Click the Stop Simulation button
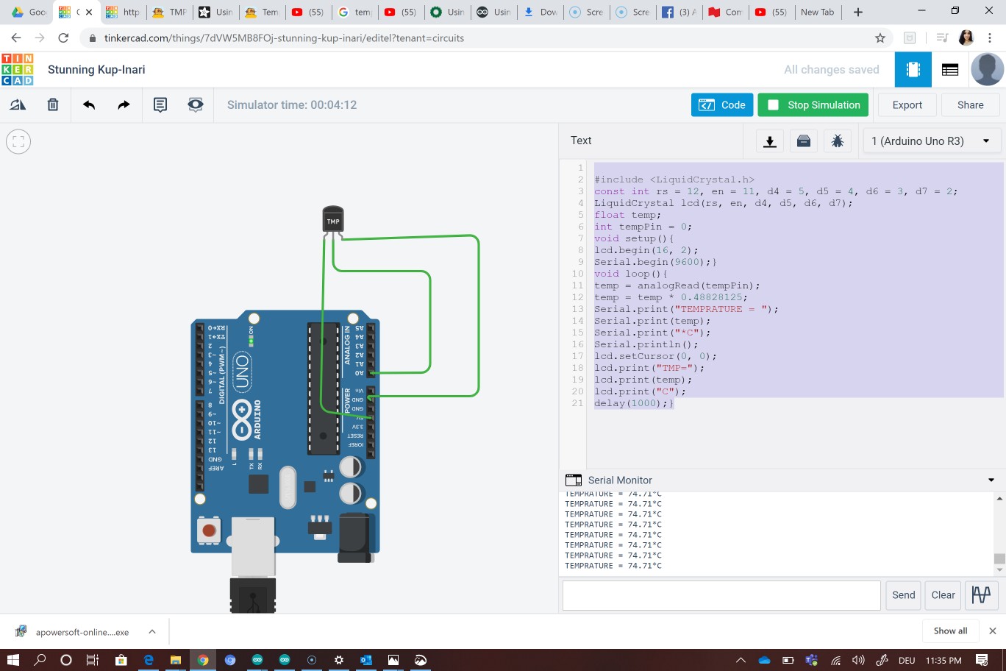click(813, 105)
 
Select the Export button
click(907, 105)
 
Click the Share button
click(970, 105)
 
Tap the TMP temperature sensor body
click(333, 220)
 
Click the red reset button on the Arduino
click(209, 530)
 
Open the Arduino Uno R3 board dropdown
click(931, 141)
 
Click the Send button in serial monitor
click(903, 595)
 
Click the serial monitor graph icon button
click(981, 595)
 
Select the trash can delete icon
click(53, 105)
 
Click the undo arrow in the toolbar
click(89, 105)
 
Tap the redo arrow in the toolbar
click(124, 105)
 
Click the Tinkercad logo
click(18, 70)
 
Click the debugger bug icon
click(837, 141)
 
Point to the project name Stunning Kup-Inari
click(96, 70)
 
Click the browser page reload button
click(64, 38)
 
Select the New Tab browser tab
click(817, 12)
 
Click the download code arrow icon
click(770, 141)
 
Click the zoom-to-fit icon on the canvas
click(18, 141)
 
